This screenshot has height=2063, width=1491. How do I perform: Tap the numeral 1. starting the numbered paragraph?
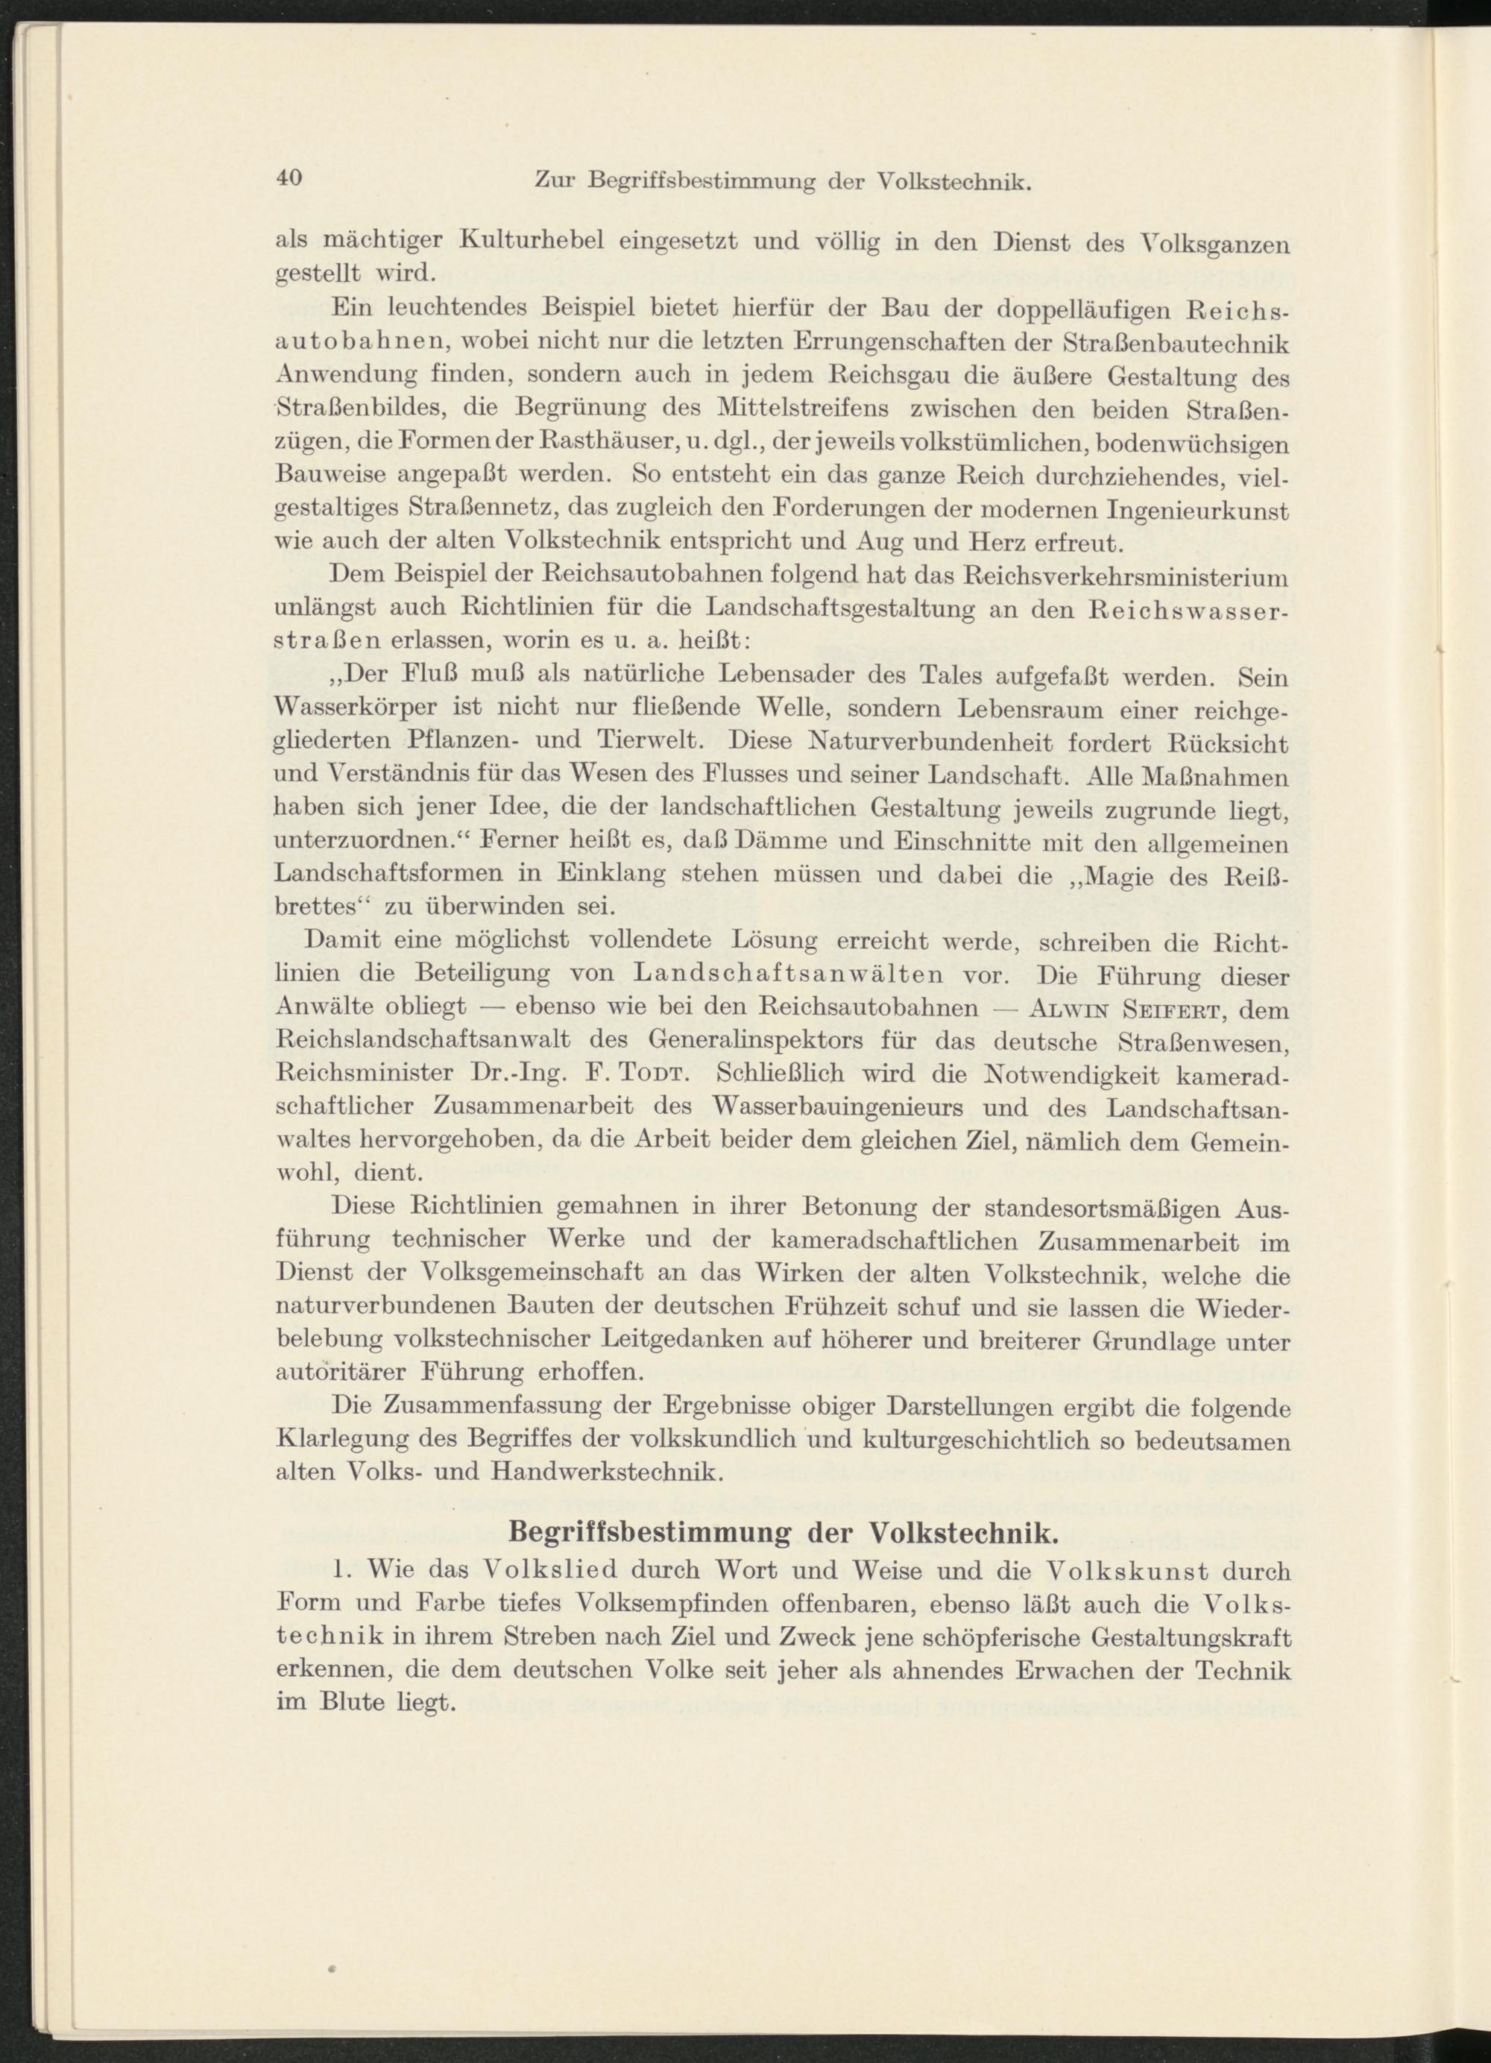[342, 1570]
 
